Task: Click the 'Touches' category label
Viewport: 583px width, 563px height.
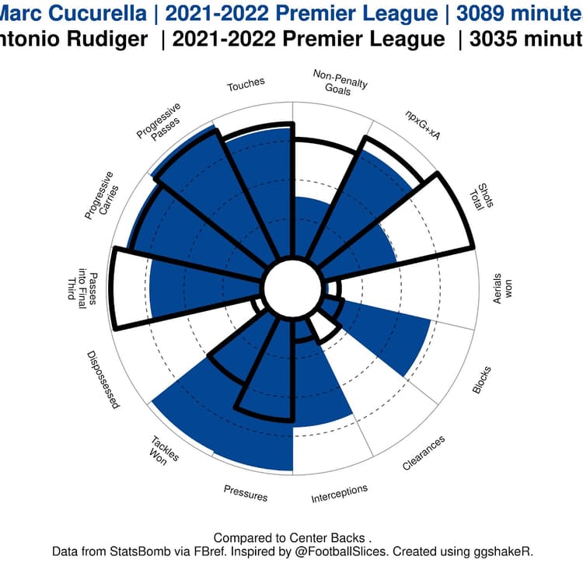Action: tap(246, 83)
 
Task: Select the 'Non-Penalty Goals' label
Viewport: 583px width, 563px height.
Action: tap(340, 82)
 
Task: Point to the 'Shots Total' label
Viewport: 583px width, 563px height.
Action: tap(483, 200)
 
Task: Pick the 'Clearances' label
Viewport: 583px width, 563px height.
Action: tap(424, 453)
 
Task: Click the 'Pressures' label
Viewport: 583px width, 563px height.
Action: tap(246, 493)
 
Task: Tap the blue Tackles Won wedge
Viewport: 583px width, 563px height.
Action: tap(187, 412)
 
